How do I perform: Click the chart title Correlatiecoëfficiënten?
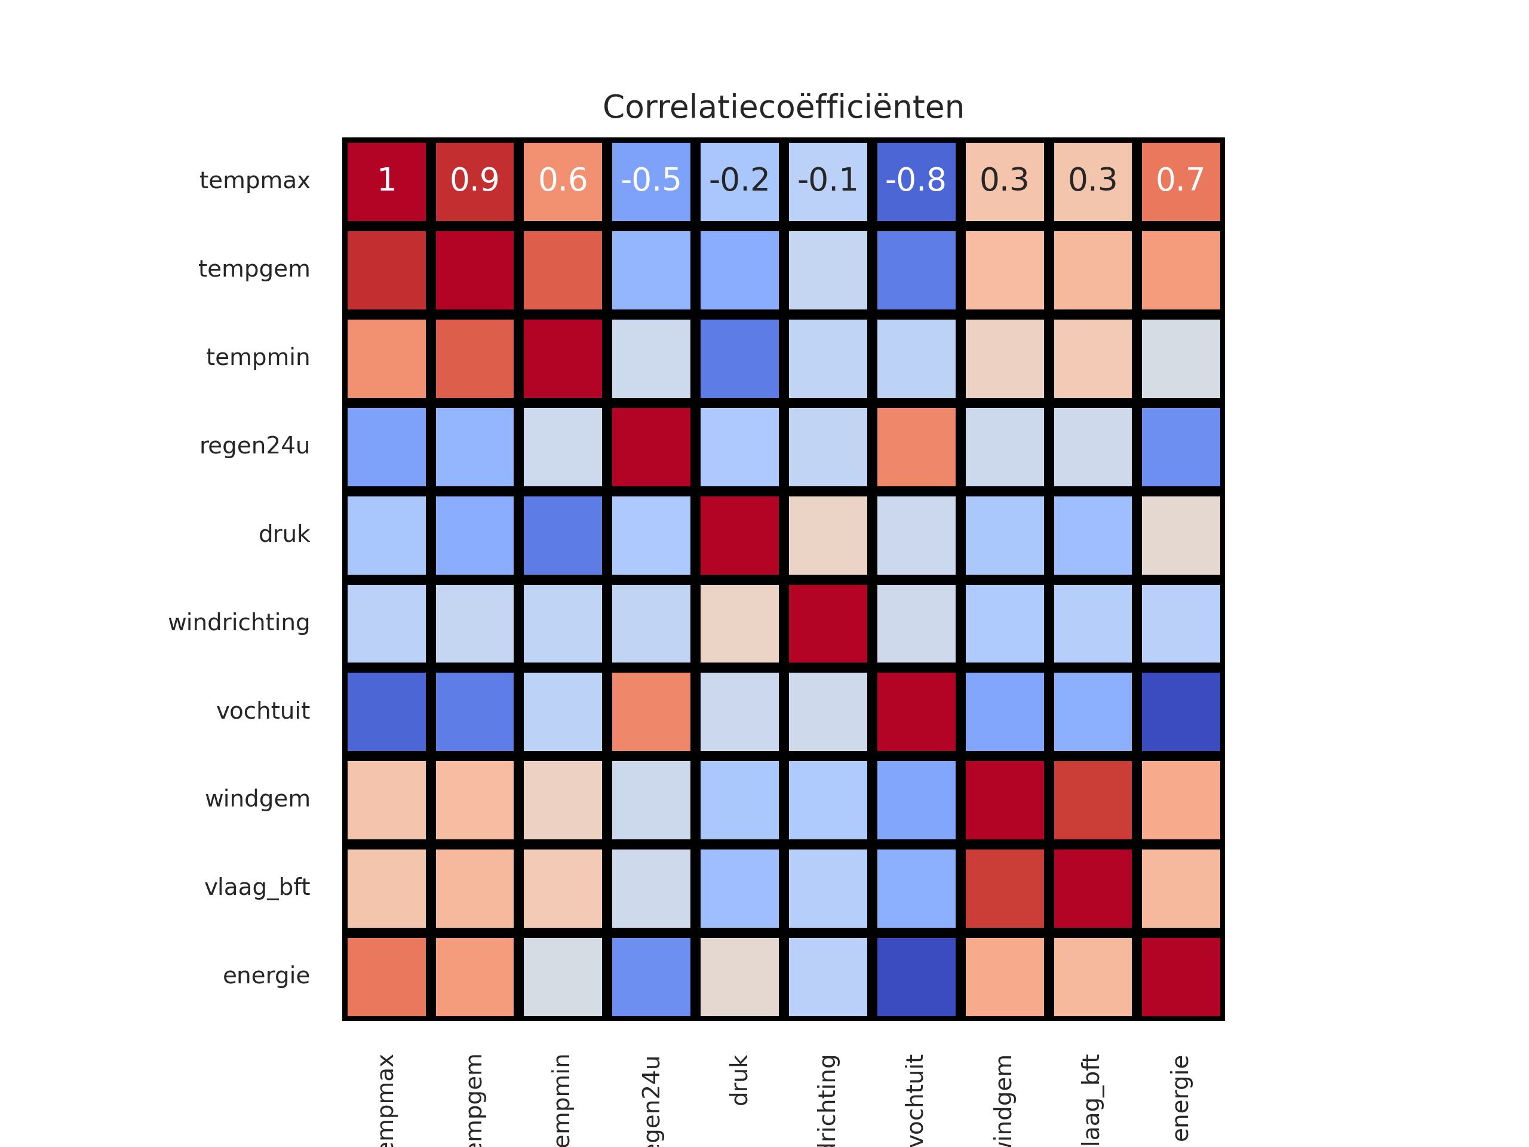click(x=783, y=107)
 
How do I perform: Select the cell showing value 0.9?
click(x=475, y=181)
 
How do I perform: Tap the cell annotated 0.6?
click(x=563, y=181)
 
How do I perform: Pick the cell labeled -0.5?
click(x=651, y=181)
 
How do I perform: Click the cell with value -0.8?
click(x=916, y=181)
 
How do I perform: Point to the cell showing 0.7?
click(x=1181, y=181)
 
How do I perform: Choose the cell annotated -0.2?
click(x=739, y=181)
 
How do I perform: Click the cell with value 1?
click(x=386, y=181)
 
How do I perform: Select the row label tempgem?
click(x=254, y=269)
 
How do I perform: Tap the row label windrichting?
click(x=238, y=623)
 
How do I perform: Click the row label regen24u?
click(x=254, y=446)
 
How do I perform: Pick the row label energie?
click(x=266, y=976)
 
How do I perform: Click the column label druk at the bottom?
click(x=739, y=1080)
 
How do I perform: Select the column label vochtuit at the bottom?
click(x=914, y=1099)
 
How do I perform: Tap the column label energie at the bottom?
click(x=1181, y=1098)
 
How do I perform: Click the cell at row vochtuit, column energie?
click(x=1181, y=711)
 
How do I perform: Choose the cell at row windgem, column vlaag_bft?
click(x=1092, y=800)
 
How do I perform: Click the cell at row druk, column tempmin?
click(x=563, y=535)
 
